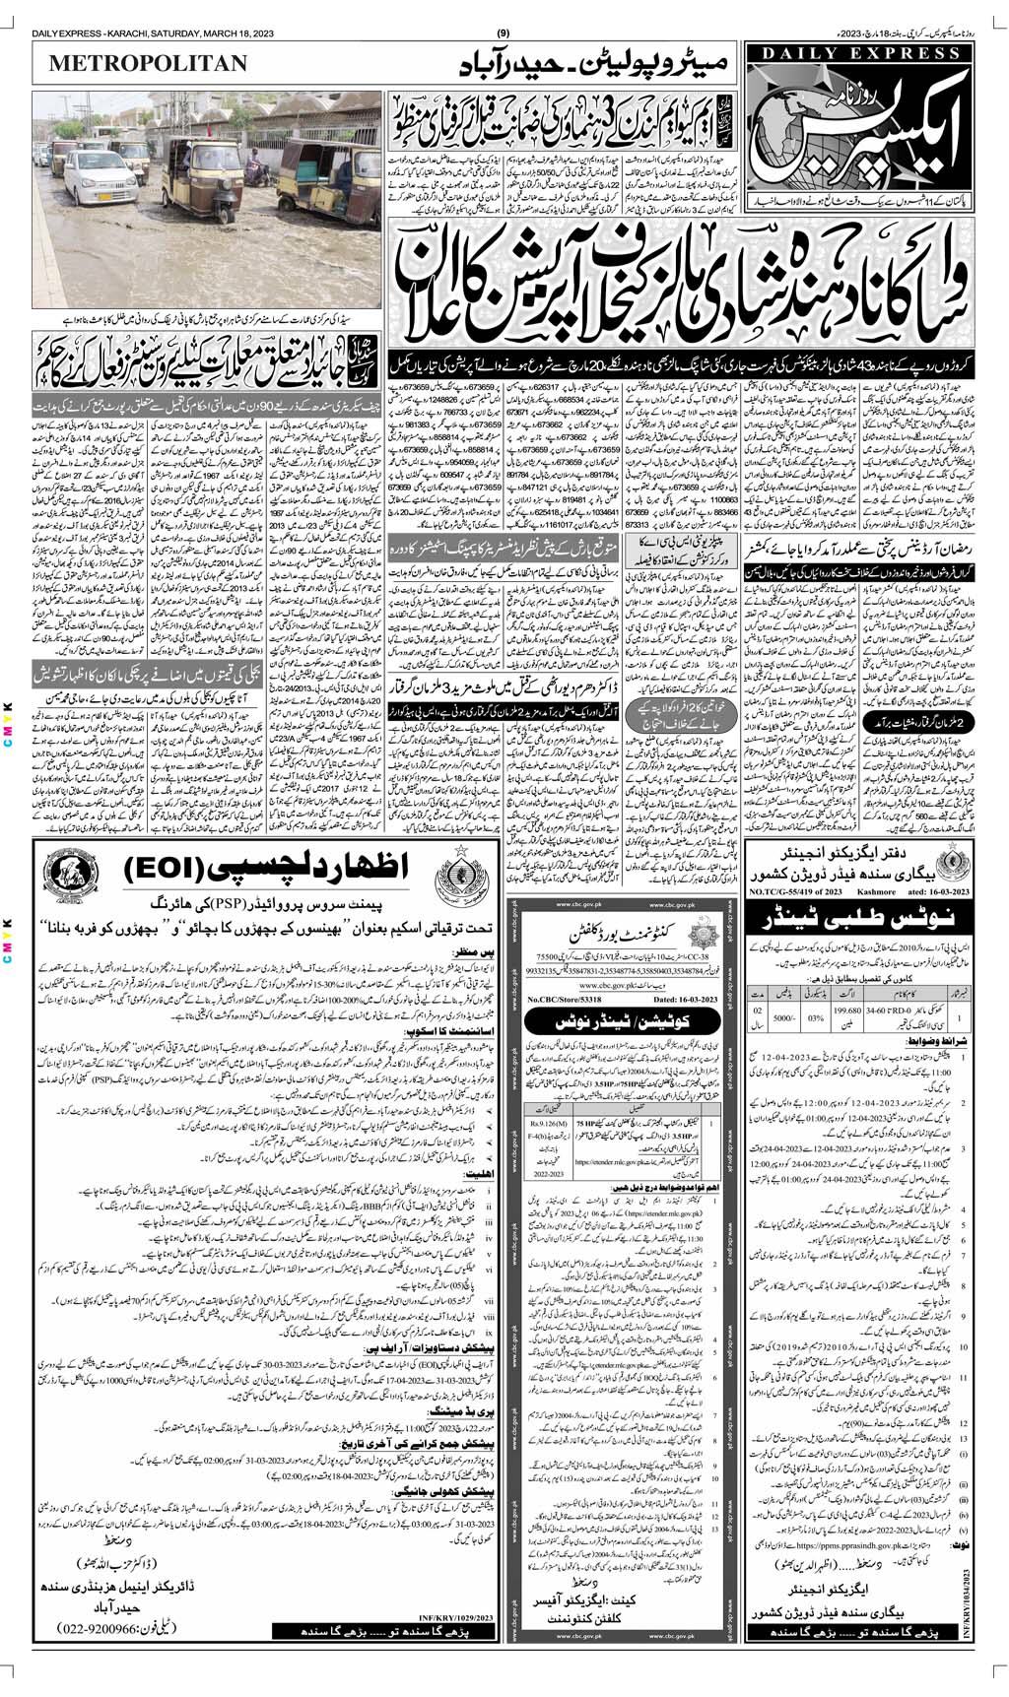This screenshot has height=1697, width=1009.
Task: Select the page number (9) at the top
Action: coord(504,8)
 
